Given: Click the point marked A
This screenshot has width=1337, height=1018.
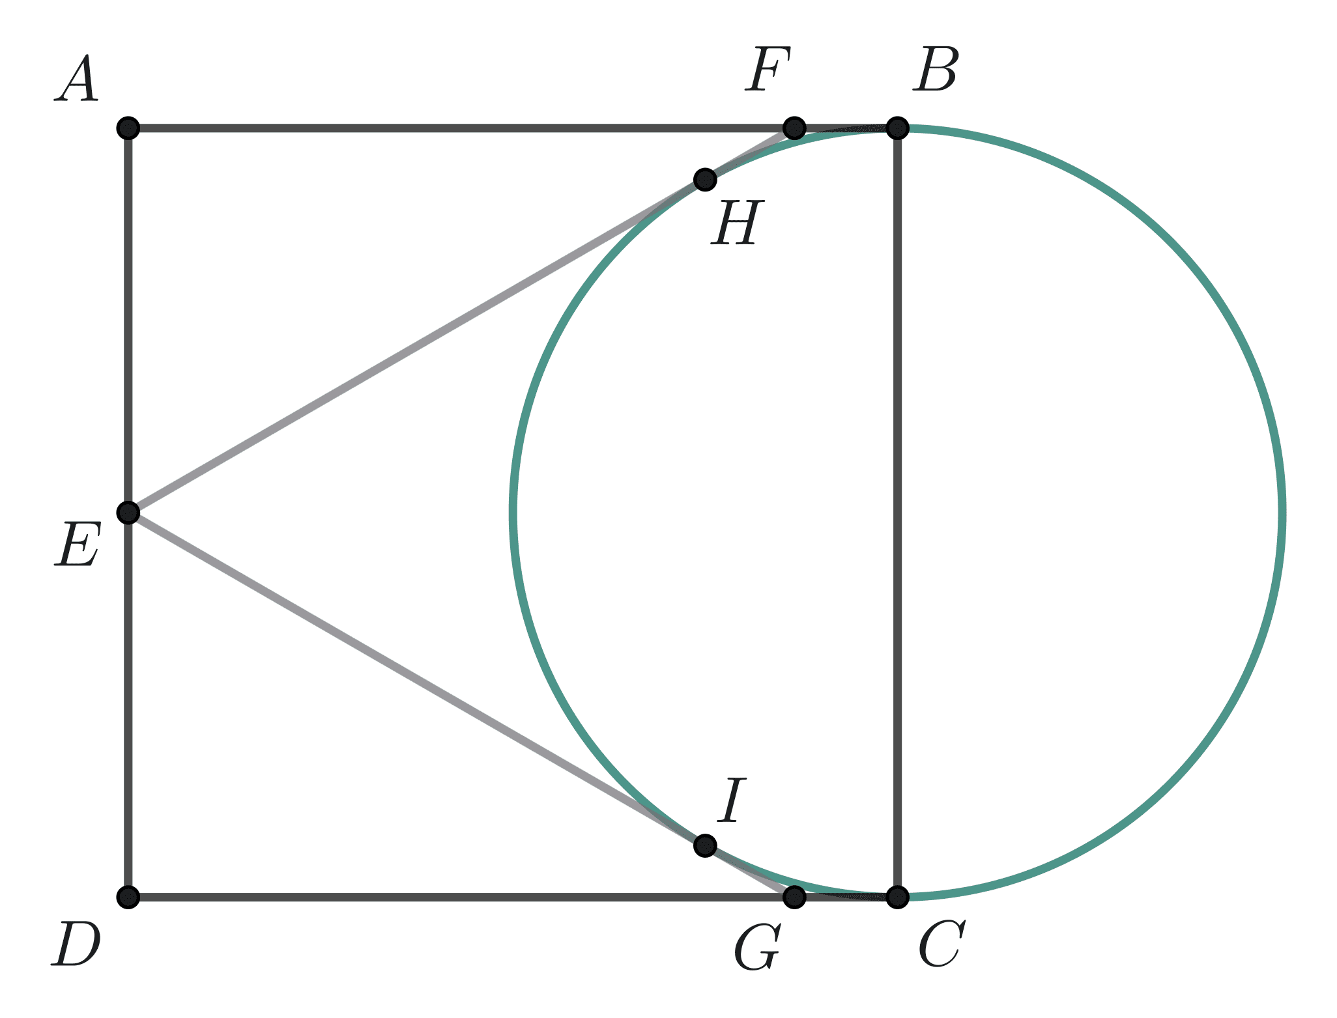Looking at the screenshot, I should click(128, 128).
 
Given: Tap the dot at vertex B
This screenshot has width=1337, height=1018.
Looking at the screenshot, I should click(898, 128).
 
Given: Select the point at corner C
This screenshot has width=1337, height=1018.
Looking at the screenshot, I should click(898, 897).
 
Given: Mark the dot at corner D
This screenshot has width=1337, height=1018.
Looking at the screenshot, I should click(128, 897).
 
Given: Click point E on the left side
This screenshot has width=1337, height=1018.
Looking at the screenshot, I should click(128, 513).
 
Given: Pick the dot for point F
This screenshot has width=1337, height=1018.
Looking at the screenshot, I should click(794, 128).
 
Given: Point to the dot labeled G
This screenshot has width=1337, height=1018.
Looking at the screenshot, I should click(794, 897).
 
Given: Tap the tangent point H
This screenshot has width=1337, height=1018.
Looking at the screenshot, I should click(705, 179).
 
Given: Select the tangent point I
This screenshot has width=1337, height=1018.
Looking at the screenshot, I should click(705, 845).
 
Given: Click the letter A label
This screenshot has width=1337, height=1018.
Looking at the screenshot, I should click(77, 79).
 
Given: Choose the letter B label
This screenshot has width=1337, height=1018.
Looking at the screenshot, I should click(935, 70).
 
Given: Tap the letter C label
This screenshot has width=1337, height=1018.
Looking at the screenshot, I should click(942, 944).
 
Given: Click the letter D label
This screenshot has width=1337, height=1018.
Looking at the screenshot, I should click(76, 944).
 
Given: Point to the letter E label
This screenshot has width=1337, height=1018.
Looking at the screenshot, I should click(77, 544).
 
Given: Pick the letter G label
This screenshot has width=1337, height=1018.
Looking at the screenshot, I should click(757, 948).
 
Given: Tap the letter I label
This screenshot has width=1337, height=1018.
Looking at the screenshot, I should click(732, 800).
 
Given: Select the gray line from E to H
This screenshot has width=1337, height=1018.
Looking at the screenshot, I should click(417, 346).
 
